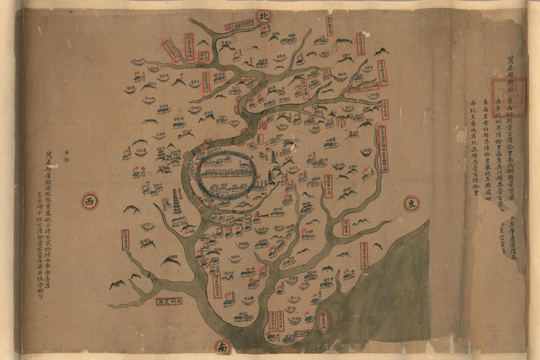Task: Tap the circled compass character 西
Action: pos(90,201)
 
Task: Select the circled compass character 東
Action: pos(412,204)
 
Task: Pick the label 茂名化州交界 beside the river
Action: pos(216,286)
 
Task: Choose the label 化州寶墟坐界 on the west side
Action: pos(125,240)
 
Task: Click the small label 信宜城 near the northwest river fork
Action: pos(203,56)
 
